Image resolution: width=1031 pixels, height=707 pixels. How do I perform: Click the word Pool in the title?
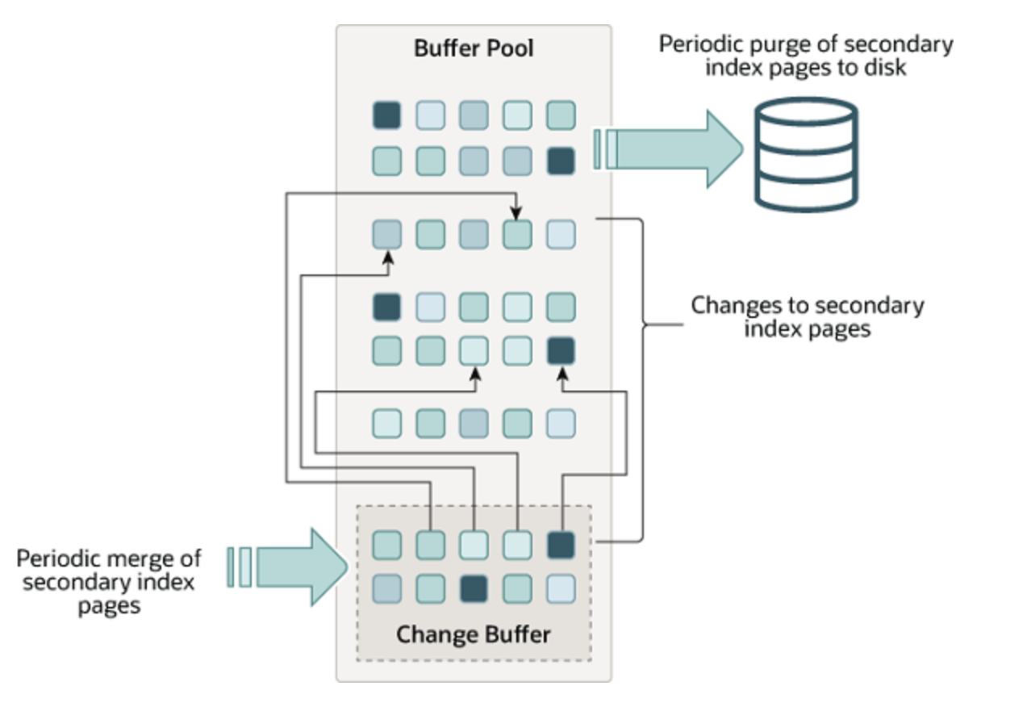click(x=508, y=48)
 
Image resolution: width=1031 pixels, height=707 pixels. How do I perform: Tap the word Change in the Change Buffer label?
click(x=434, y=634)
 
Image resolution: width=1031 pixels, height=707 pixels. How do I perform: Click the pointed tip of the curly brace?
click(x=645, y=326)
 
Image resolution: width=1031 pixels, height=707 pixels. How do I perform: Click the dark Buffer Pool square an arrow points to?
click(x=561, y=351)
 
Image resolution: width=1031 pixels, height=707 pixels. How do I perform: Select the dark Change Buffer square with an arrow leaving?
click(x=561, y=546)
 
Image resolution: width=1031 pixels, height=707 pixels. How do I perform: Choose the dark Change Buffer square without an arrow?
click(x=474, y=588)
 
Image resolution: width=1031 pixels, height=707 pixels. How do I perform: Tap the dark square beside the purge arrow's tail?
click(x=561, y=161)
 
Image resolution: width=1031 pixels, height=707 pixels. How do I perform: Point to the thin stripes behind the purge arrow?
click(x=606, y=150)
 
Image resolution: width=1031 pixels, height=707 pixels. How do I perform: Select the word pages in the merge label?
click(x=109, y=605)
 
